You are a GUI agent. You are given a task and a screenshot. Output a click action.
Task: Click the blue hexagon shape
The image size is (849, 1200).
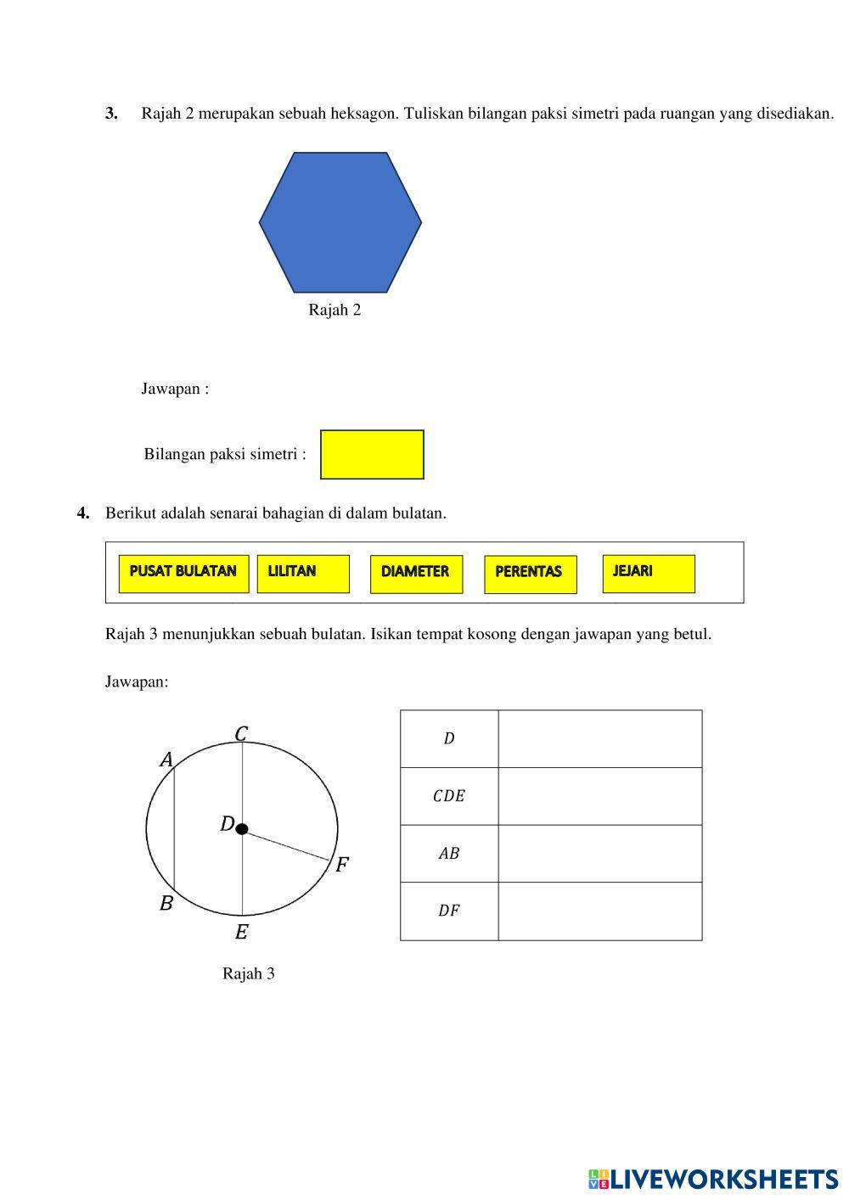[x=340, y=222]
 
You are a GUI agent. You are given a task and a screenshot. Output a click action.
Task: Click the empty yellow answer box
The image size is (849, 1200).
[x=372, y=455]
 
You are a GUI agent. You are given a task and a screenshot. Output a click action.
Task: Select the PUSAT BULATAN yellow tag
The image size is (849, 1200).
[x=183, y=574]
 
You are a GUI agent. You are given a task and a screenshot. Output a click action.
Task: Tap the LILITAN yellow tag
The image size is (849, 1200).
[x=303, y=574]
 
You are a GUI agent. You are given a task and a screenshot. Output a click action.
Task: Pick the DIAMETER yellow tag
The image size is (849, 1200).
[x=416, y=574]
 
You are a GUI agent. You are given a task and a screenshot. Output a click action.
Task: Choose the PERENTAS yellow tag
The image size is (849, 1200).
[x=530, y=574]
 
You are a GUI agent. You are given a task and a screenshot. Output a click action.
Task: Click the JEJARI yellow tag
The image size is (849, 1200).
[x=649, y=573]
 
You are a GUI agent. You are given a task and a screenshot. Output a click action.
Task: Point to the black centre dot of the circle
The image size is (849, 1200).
[x=242, y=829]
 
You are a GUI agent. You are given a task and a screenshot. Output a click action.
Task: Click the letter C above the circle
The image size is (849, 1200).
[x=241, y=733]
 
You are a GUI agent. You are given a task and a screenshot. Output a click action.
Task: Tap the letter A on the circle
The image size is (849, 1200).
[x=166, y=760]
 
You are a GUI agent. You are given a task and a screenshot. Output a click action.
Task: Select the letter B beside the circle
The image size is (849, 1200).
[x=166, y=903]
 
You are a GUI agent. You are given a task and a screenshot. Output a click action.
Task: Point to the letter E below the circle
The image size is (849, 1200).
[x=241, y=933]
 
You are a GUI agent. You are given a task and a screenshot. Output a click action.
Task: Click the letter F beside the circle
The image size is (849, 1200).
[x=342, y=865]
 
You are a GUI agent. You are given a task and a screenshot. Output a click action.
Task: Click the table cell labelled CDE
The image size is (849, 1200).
[x=449, y=796]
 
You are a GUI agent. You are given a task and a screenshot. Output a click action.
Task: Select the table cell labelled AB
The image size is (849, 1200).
[x=449, y=854]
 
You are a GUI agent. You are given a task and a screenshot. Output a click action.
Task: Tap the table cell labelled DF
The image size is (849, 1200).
[x=449, y=911]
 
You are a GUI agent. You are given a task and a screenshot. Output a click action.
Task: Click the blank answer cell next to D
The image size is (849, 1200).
[x=600, y=739]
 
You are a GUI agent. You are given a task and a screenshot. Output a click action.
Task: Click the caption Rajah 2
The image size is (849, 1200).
[x=335, y=310]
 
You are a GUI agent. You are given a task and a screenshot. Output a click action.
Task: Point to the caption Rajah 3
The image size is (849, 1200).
[x=249, y=973]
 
